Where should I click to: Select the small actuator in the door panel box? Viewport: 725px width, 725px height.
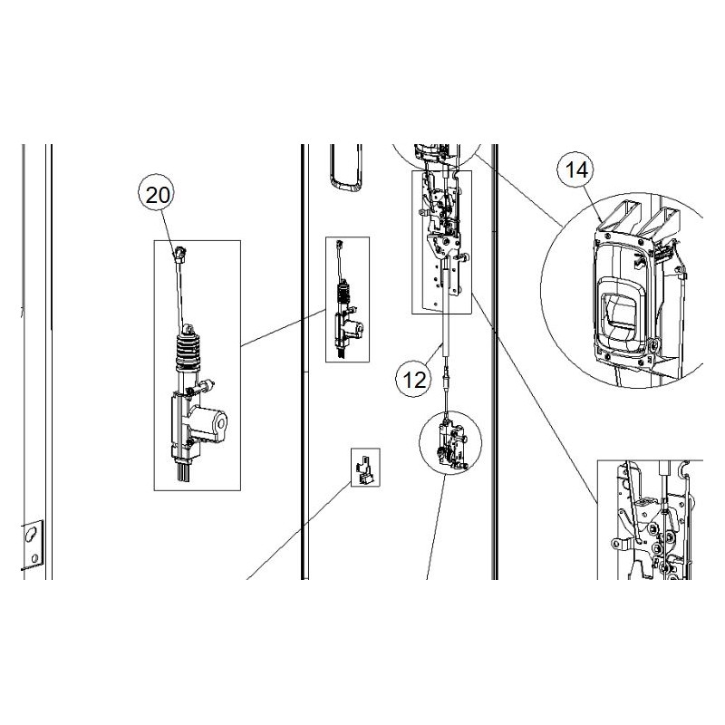[x=347, y=313]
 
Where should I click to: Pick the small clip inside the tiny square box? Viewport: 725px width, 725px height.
[x=364, y=467]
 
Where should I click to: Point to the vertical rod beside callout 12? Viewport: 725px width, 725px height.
[x=445, y=340]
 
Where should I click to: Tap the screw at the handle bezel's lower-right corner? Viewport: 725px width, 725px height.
[x=652, y=345]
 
